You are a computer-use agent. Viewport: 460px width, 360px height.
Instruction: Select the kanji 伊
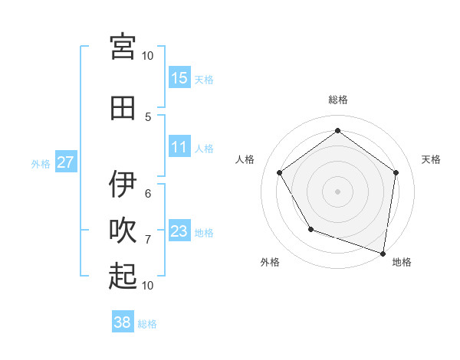pyautogui.click(x=123, y=184)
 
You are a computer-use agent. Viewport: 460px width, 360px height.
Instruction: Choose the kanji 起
pyautogui.click(x=123, y=276)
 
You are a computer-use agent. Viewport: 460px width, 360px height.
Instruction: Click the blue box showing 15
pyautogui.click(x=179, y=78)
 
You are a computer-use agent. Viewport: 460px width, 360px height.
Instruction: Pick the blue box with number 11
pyautogui.click(x=179, y=148)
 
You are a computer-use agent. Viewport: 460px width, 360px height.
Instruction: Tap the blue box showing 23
pyautogui.click(x=179, y=231)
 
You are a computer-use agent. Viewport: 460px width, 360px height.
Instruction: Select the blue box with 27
pyautogui.click(x=66, y=162)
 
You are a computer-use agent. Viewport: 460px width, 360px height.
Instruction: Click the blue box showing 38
pyautogui.click(x=123, y=322)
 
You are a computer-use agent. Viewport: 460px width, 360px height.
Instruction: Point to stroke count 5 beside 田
pyautogui.click(x=148, y=116)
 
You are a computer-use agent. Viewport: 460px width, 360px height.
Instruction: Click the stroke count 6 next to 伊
pyautogui.click(x=148, y=193)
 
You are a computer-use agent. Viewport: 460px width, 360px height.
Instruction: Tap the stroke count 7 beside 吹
pyautogui.click(x=148, y=240)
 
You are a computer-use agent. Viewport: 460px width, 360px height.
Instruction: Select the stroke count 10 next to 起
pyautogui.click(x=148, y=285)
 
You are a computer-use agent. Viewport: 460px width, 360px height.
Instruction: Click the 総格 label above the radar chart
pyautogui.click(x=338, y=100)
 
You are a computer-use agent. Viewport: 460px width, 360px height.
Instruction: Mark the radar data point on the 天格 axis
pyautogui.click(x=396, y=172)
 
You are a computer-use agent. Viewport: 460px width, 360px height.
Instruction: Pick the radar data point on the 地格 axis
pyautogui.click(x=383, y=253)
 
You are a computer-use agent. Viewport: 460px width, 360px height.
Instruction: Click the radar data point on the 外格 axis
pyautogui.click(x=310, y=229)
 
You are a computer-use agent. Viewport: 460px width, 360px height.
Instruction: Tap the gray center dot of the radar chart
pyautogui.click(x=338, y=191)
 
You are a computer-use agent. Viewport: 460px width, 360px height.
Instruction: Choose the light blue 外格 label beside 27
pyautogui.click(x=41, y=163)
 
